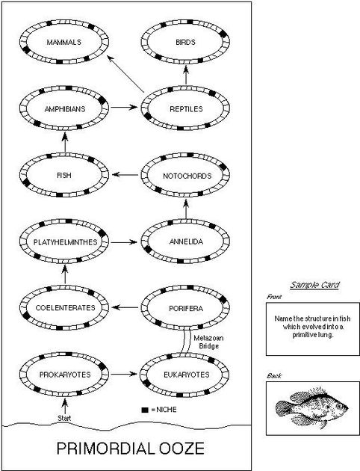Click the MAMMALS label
63,42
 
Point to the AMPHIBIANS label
63,108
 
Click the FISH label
63,176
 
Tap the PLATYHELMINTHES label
63,242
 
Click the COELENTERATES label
63,308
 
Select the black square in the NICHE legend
144,410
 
